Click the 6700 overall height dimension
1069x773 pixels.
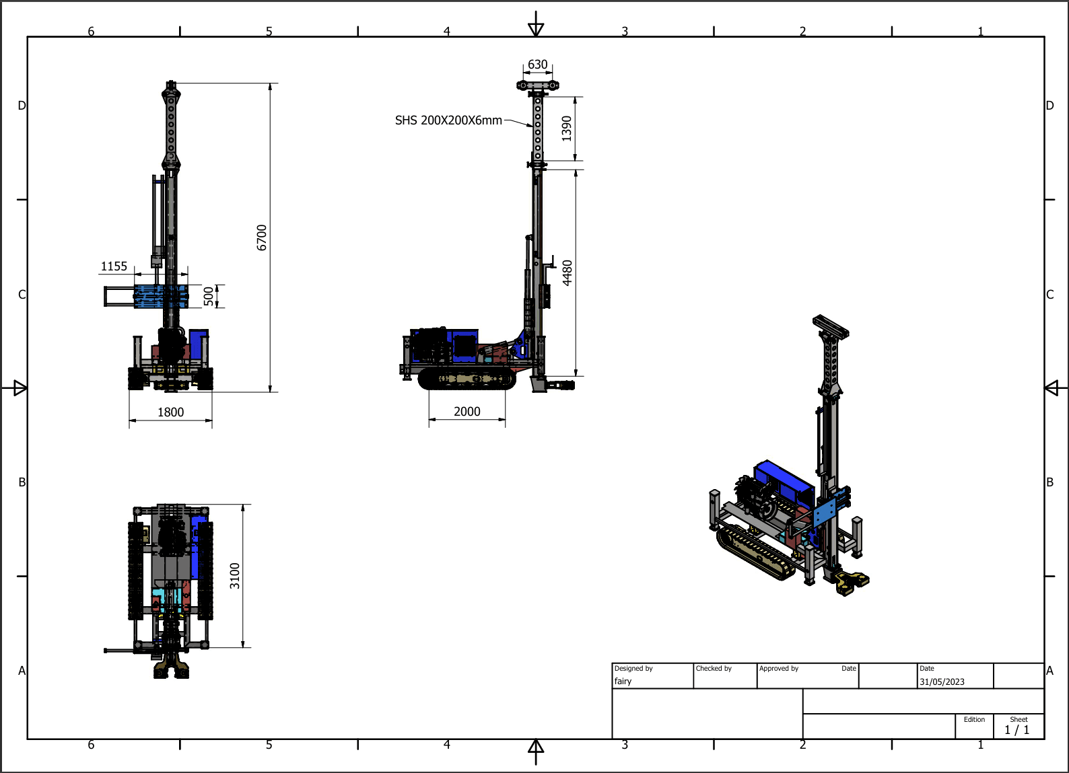261,237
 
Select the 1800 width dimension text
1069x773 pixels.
171,412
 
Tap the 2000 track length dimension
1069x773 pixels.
467,412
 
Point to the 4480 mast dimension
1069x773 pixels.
567,272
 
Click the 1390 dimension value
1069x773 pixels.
566,128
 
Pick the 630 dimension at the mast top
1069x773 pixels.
538,65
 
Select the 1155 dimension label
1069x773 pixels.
114,266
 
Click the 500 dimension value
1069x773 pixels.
209,296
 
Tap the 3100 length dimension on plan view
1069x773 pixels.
235,576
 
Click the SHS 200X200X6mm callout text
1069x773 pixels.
448,120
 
